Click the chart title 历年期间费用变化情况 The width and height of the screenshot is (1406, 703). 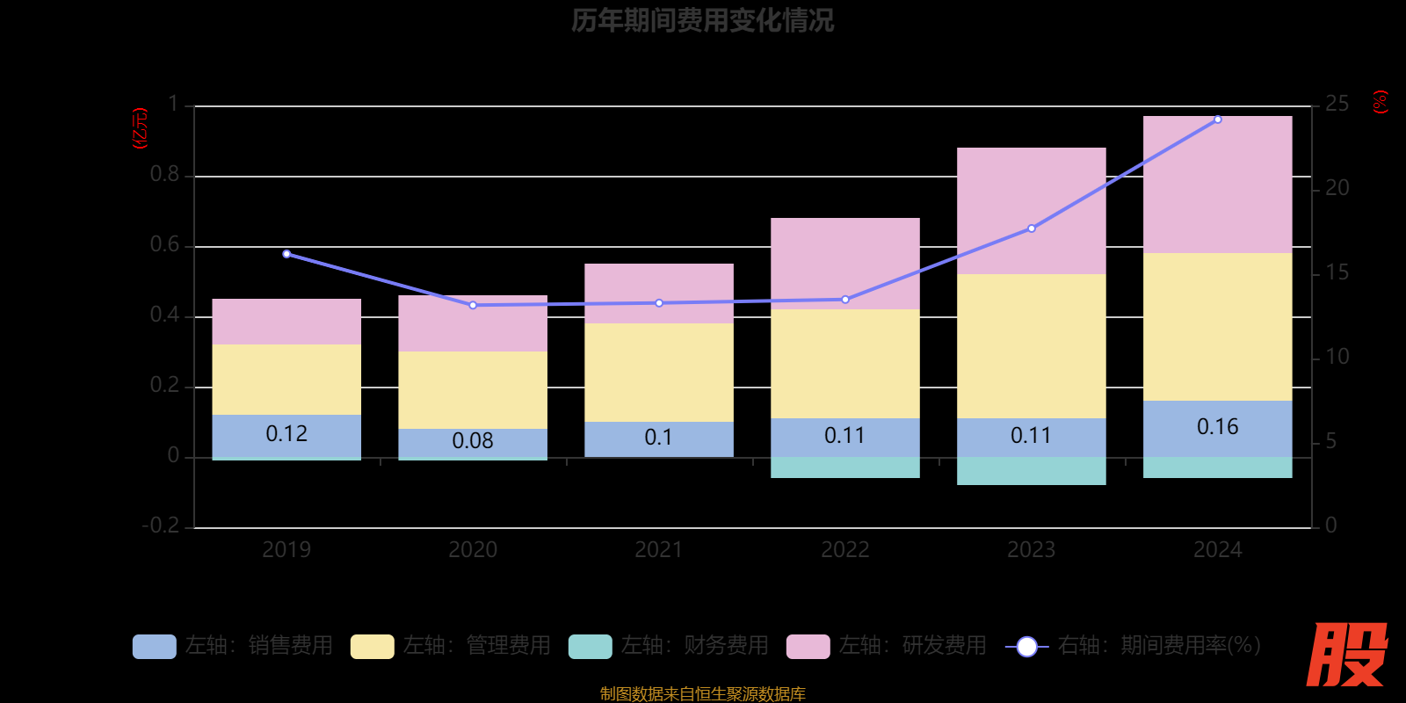(702, 20)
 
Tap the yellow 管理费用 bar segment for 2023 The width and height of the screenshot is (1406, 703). (1031, 345)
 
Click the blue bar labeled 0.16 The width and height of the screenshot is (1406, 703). (1217, 428)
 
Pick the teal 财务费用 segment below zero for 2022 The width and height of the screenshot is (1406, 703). (844, 467)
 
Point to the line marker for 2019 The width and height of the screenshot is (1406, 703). (286, 254)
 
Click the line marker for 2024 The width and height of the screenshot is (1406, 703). (1217, 120)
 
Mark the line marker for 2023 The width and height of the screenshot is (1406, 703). (1031, 228)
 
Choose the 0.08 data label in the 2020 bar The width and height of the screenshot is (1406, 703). (473, 440)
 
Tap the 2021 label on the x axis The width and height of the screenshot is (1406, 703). (658, 550)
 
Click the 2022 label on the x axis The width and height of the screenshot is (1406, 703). (844, 550)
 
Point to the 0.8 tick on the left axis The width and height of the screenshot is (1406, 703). (164, 175)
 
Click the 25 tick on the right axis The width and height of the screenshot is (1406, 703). (1337, 105)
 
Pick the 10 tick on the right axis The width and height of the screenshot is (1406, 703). (1337, 357)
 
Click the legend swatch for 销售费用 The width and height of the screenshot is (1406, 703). (154, 647)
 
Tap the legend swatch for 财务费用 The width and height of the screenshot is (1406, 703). (590, 647)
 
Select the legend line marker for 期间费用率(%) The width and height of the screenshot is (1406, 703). (1026, 647)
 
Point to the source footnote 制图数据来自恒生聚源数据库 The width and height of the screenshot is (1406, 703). (702, 694)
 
